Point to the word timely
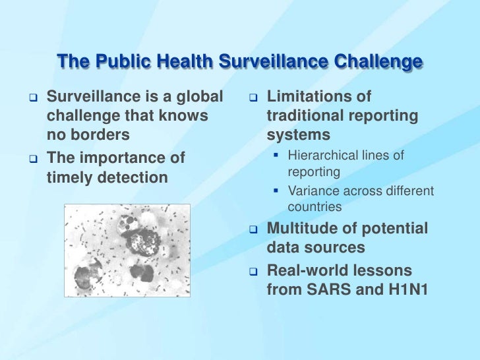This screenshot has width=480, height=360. point(70,177)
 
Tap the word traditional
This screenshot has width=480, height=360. point(305,116)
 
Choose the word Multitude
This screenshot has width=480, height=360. point(305,229)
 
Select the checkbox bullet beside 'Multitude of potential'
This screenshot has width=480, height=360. point(253,230)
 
